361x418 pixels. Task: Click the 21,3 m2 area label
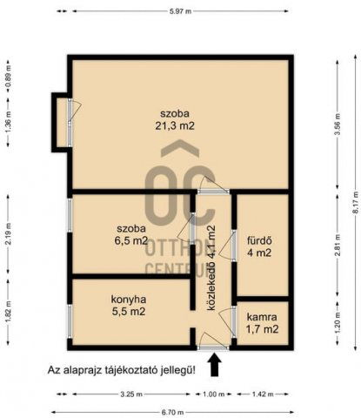point(175,126)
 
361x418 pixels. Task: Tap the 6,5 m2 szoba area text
point(130,241)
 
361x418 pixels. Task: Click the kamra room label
point(262,317)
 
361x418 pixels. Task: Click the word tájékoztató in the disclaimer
point(137,370)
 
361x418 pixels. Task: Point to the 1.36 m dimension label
point(9,122)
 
